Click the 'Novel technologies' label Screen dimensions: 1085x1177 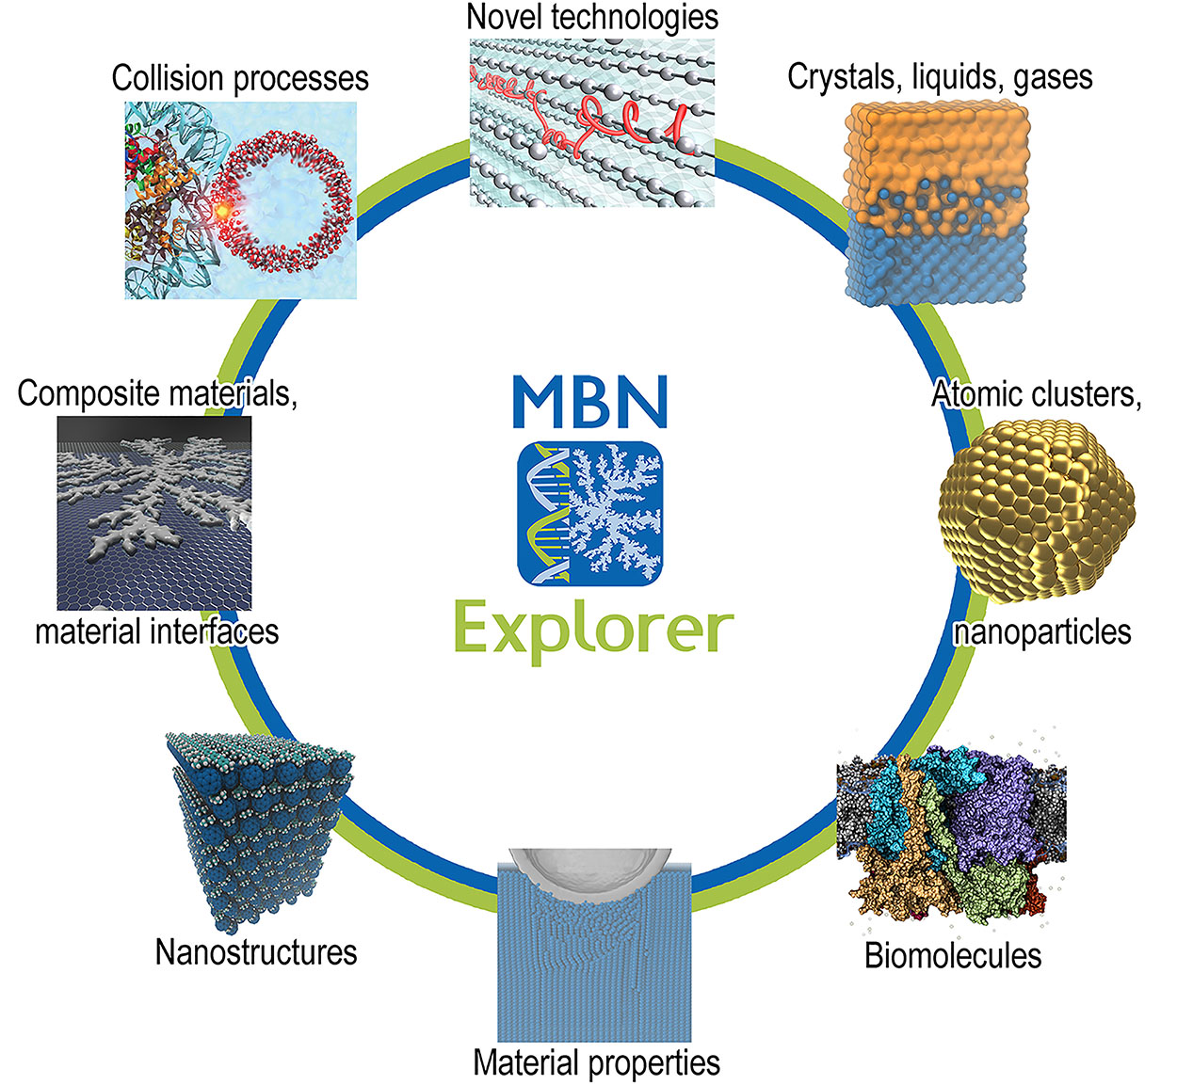point(592,17)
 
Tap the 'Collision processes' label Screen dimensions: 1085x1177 point(240,78)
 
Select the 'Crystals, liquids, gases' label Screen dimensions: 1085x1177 point(940,76)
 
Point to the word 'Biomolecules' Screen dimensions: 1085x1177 point(953,956)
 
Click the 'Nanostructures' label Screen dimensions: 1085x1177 point(256,952)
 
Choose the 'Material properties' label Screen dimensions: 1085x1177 point(596,1062)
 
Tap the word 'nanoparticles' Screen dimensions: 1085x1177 point(1042,631)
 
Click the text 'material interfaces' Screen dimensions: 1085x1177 point(157,630)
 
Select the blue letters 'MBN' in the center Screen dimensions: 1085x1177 point(590,402)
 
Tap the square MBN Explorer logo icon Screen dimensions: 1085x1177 point(590,514)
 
